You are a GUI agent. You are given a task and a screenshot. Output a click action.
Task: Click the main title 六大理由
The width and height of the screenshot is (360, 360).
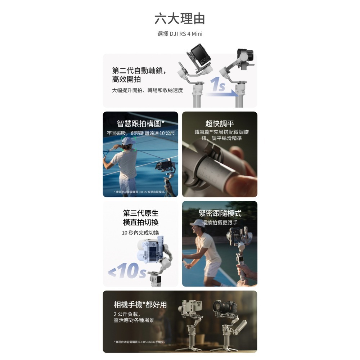180,19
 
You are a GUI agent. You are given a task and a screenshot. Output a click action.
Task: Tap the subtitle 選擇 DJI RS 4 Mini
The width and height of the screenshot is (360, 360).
180,34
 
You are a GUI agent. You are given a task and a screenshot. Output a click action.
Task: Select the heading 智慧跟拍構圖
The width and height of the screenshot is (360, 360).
141,124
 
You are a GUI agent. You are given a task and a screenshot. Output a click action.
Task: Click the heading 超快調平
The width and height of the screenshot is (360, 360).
220,124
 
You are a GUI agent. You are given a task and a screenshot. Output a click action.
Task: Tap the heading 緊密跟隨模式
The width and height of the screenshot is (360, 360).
220,213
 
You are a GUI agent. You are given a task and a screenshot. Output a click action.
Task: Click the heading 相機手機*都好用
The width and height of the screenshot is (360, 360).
140,305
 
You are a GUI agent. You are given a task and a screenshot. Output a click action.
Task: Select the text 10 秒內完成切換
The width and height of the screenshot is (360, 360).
140,233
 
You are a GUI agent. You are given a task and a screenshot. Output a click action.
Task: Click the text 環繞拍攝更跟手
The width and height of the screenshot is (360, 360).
220,223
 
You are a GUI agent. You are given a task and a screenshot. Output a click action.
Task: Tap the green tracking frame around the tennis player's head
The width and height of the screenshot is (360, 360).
129,144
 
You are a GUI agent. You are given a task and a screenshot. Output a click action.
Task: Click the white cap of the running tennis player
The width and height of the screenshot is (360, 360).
197,222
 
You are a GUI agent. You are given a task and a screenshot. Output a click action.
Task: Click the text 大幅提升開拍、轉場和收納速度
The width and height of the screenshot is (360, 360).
148,90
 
